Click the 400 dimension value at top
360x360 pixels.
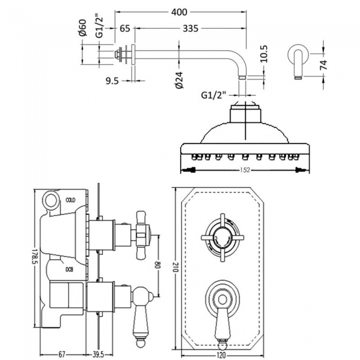(181, 12)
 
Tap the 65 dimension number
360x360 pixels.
(124, 28)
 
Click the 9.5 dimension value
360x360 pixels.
(112, 81)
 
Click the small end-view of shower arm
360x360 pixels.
(297, 63)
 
